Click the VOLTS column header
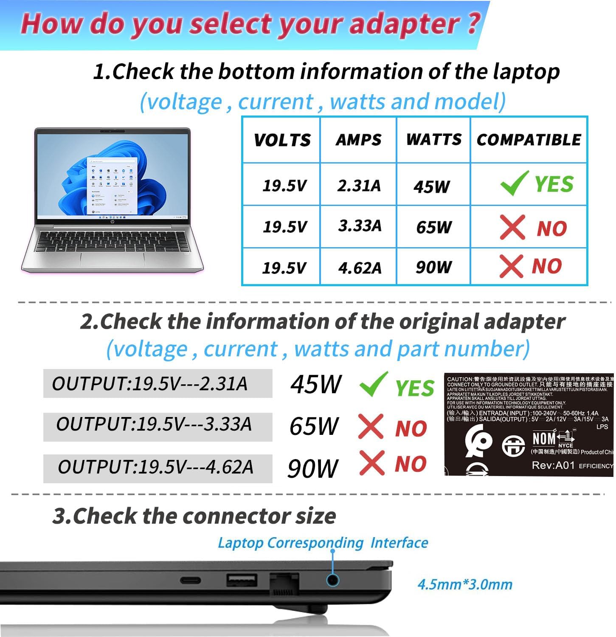282,140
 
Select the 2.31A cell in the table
359,186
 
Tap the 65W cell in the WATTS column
433,227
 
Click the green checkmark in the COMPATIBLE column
514,183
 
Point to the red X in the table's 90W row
511,266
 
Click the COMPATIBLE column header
529,140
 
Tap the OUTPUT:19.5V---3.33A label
154,424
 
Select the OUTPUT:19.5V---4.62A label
155,467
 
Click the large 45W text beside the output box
315,384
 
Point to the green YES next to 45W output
414,388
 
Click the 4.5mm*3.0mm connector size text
465,584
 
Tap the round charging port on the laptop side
332,580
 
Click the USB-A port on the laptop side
242,580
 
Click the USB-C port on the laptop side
191,580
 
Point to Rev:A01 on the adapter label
553,465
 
